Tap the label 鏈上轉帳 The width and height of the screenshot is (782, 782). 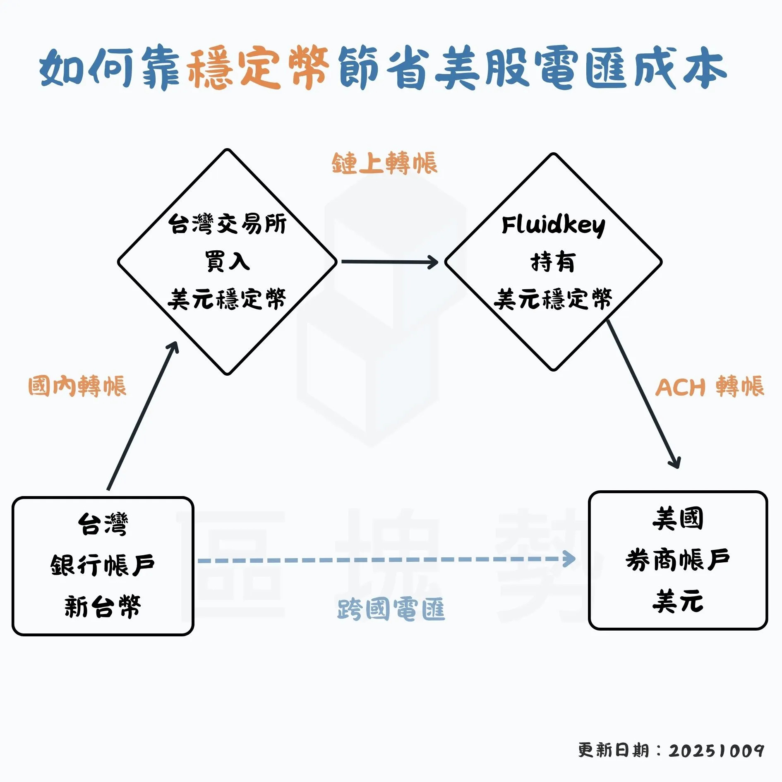(x=384, y=163)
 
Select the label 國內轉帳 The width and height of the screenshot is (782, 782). (x=77, y=386)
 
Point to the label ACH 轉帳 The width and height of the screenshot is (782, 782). (x=709, y=387)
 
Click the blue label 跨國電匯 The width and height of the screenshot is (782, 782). (x=391, y=609)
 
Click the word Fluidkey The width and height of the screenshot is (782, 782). (x=553, y=225)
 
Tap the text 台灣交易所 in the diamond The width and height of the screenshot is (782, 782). (x=227, y=224)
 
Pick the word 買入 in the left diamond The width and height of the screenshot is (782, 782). (x=227, y=261)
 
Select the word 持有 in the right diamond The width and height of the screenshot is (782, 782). (x=553, y=262)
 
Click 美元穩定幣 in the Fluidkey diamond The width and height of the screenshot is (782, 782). (x=553, y=299)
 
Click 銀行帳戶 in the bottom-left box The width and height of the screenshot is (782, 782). (x=103, y=565)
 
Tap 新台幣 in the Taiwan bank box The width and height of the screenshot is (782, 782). (x=103, y=606)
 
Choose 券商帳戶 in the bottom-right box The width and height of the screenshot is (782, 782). (x=677, y=560)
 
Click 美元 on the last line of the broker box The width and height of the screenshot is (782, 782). (x=677, y=601)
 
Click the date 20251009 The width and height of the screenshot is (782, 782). (x=716, y=750)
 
